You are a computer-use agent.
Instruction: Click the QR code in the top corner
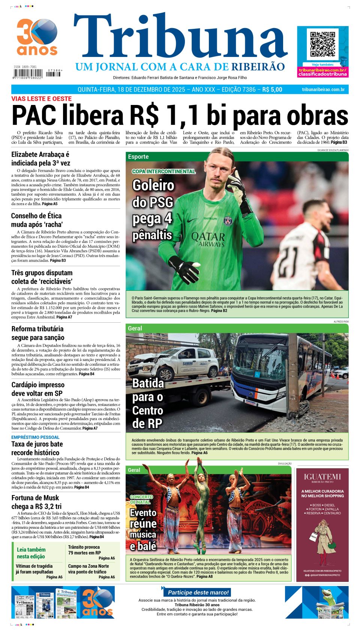point(322,44)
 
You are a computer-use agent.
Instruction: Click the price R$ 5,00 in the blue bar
point(272,90)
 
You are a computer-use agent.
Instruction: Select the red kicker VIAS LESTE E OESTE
point(41,99)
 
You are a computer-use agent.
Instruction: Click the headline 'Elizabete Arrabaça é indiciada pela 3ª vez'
point(40,159)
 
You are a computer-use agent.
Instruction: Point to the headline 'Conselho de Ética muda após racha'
point(36,220)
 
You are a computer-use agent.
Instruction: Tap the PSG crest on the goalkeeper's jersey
point(228,221)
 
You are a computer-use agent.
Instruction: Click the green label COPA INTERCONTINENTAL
point(163,171)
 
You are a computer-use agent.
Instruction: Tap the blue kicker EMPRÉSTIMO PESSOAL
point(35,437)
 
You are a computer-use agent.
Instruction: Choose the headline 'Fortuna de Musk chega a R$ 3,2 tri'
point(36,502)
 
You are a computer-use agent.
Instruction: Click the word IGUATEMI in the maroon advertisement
point(322,477)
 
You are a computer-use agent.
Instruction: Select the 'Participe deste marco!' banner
point(198,593)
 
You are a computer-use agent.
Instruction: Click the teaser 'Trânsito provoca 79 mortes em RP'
point(84,550)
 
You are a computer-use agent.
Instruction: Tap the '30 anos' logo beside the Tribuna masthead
point(37,37)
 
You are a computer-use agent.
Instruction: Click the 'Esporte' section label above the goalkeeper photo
point(138,157)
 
